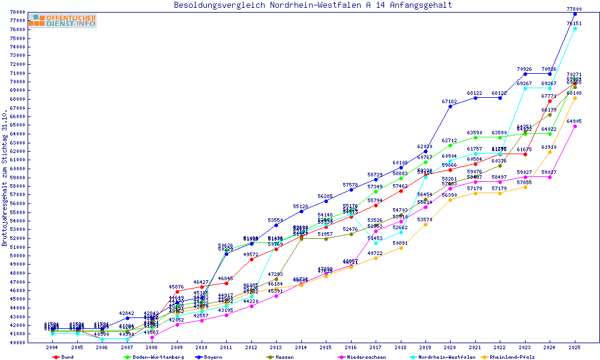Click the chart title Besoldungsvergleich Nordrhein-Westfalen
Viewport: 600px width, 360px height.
(x=313, y=5)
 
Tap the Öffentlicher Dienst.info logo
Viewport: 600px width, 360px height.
(x=62, y=20)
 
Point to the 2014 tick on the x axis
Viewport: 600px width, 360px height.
(x=301, y=347)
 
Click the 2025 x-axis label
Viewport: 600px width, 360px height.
(x=575, y=347)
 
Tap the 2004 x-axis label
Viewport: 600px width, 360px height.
(x=52, y=347)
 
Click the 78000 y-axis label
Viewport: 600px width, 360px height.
(x=16, y=12)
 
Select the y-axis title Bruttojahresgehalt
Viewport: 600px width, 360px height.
(x=5, y=178)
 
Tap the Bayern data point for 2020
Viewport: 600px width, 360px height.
(x=451, y=106)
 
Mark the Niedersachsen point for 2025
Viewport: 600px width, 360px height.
(x=575, y=126)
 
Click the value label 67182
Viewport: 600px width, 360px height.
(x=450, y=102)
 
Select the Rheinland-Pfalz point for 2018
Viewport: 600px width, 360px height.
(x=401, y=248)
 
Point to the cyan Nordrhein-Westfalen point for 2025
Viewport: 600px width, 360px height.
(x=575, y=28)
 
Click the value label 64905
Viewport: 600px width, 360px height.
(x=574, y=122)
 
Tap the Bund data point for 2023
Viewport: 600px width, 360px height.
(x=525, y=154)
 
